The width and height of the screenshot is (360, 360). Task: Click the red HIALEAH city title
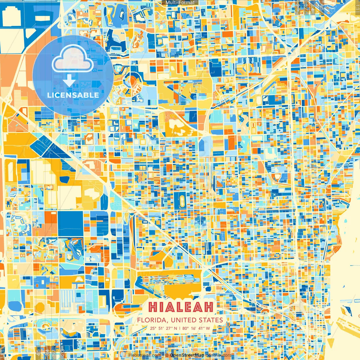pyautogui.click(x=180, y=307)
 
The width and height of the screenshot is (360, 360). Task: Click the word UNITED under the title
pyautogui.click(x=184, y=320)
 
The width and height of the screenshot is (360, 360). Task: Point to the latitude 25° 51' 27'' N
pyautogui.click(x=163, y=328)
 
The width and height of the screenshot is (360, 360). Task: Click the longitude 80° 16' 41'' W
pyautogui.click(x=196, y=328)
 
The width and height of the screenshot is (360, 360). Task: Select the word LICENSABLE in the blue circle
pyautogui.click(x=73, y=95)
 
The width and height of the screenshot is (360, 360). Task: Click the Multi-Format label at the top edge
pyautogui.click(x=180, y=3)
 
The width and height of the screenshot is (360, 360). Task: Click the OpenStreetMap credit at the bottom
pyautogui.click(x=187, y=355)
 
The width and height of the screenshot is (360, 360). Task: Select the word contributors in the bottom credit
pyautogui.click(x=219, y=355)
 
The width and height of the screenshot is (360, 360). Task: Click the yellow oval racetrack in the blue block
pyautogui.click(x=182, y=200)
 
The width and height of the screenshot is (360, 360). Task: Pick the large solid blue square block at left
pyautogui.click(x=71, y=224)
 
